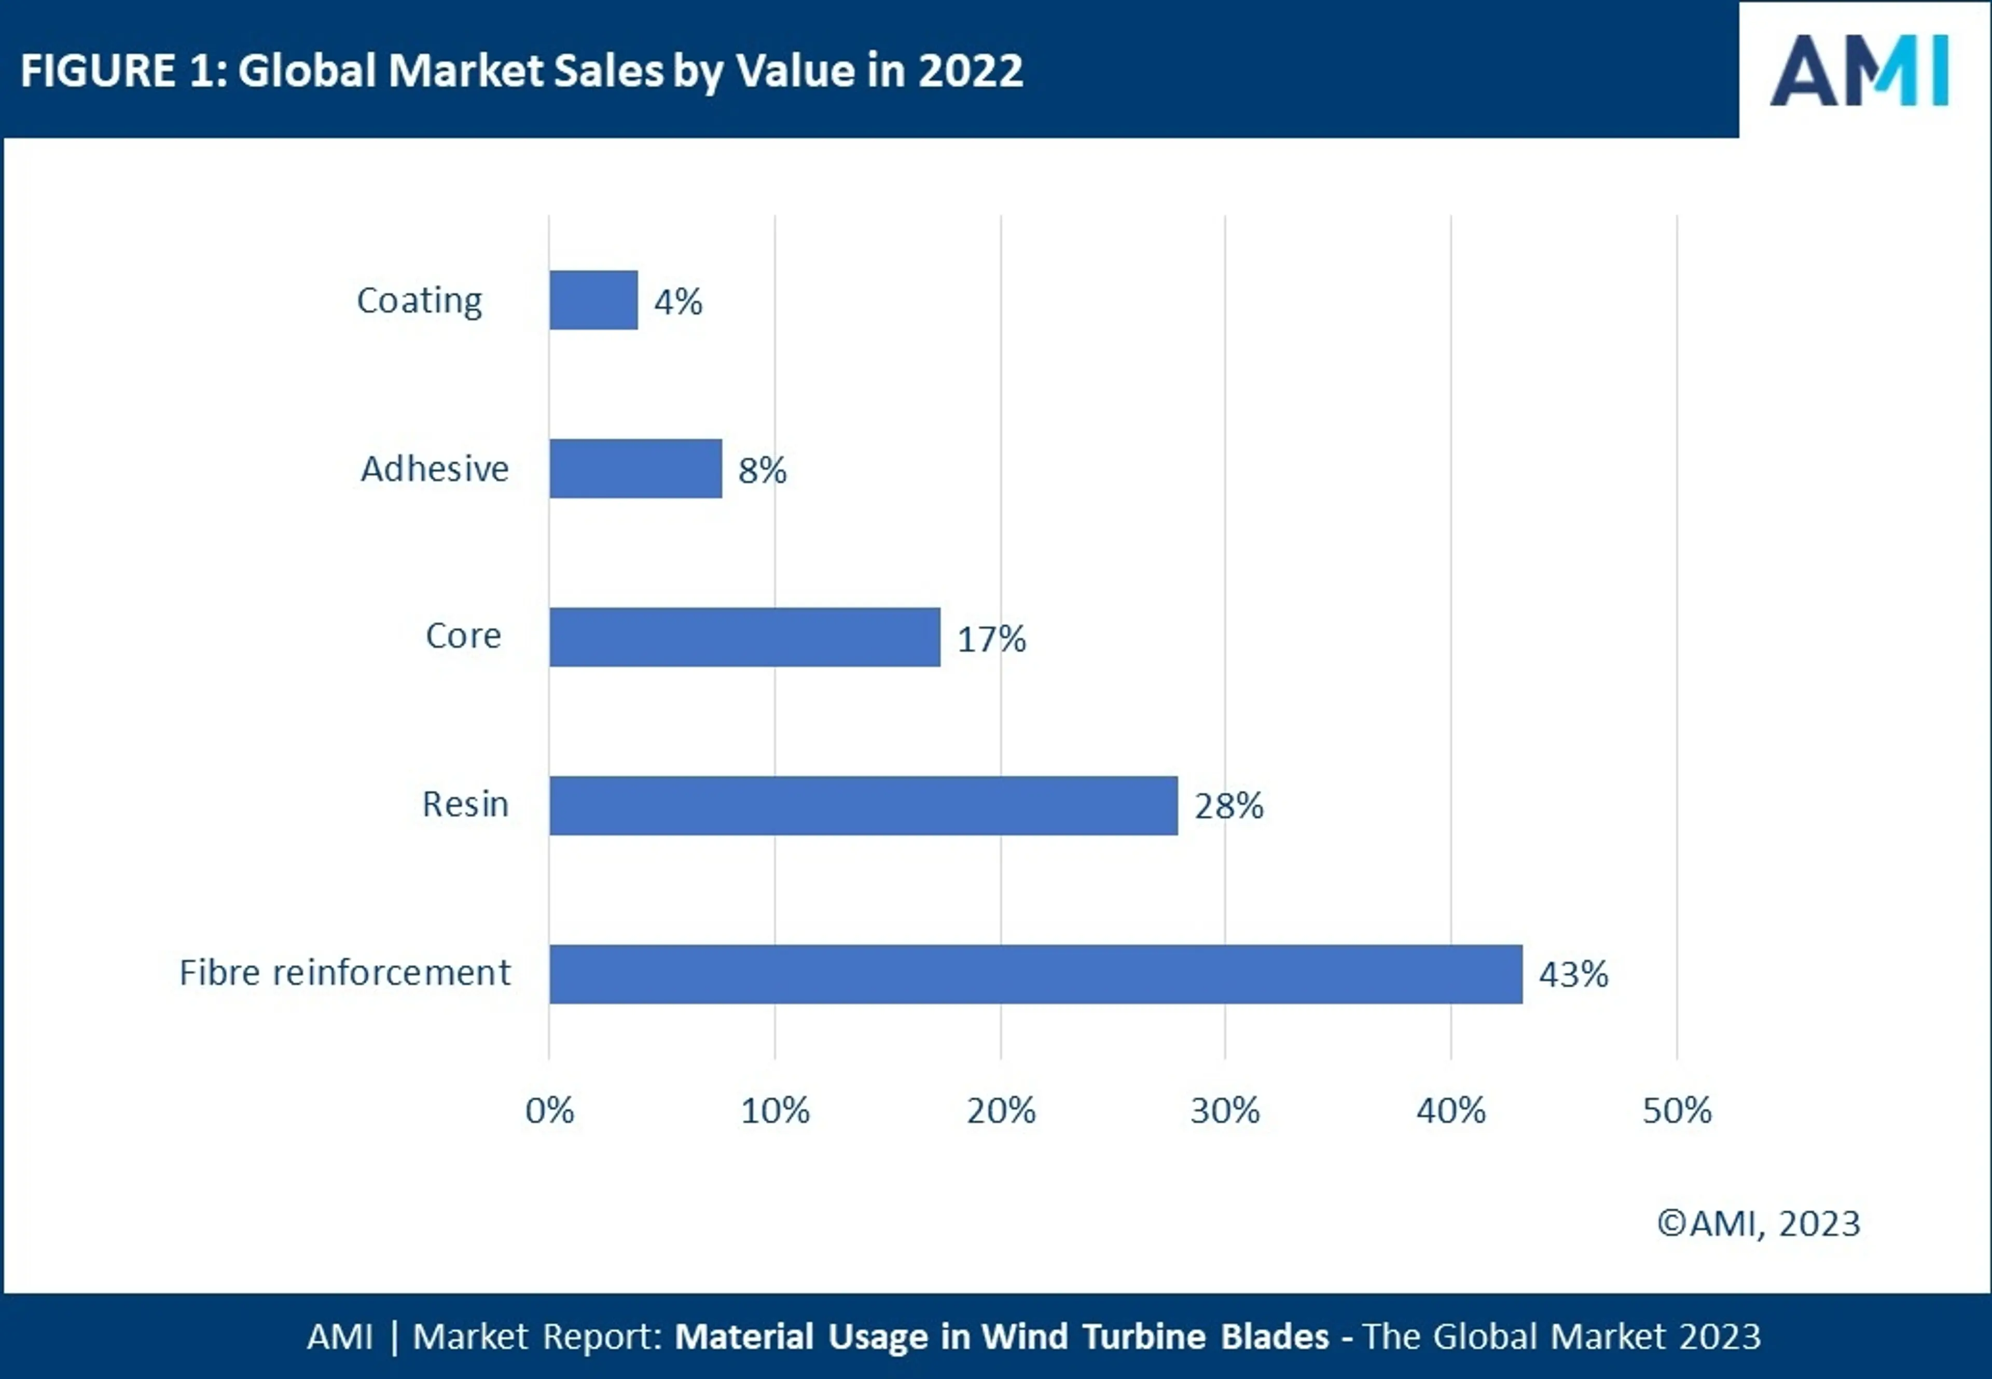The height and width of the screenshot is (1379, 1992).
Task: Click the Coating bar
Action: pyautogui.click(x=593, y=300)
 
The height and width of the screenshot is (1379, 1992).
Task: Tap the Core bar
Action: pyautogui.click(x=744, y=637)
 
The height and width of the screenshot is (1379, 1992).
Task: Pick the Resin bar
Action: pyautogui.click(x=863, y=805)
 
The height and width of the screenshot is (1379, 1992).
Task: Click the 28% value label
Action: pyautogui.click(x=1228, y=806)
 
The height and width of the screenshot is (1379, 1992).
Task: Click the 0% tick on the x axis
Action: pyautogui.click(x=549, y=1110)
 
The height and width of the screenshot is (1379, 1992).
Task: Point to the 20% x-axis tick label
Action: pyautogui.click(x=1000, y=1110)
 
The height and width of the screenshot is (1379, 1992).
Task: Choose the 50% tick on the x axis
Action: pyautogui.click(x=1677, y=1110)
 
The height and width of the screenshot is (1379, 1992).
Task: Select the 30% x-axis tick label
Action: pyautogui.click(x=1225, y=1110)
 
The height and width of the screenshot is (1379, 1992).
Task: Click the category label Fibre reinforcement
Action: pyautogui.click(x=344, y=973)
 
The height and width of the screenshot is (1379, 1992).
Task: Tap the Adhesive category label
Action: pyautogui.click(x=435, y=468)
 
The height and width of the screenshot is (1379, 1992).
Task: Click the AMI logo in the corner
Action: pyautogui.click(x=1859, y=71)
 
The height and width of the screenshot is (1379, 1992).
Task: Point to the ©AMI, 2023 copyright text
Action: pyautogui.click(x=1758, y=1223)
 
